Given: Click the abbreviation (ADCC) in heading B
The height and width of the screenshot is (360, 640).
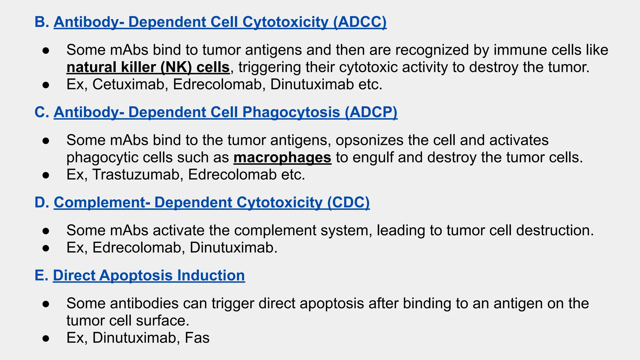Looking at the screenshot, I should (x=360, y=22).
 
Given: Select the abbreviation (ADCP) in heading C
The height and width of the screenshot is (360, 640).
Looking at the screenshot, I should (x=371, y=112).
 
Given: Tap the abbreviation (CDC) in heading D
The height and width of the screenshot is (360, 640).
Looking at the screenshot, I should (x=348, y=202).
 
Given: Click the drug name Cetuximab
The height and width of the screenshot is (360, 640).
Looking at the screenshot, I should (x=128, y=84).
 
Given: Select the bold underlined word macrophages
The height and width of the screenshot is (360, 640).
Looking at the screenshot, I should (x=282, y=157).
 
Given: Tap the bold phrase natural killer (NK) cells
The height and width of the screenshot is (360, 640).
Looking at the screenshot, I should (x=148, y=67).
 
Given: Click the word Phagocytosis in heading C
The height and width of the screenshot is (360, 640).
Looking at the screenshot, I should (x=291, y=112).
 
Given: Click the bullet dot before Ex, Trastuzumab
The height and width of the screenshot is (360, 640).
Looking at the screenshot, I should (x=46, y=175).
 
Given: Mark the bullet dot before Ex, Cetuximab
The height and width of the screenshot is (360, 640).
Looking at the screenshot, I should (x=46, y=85).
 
